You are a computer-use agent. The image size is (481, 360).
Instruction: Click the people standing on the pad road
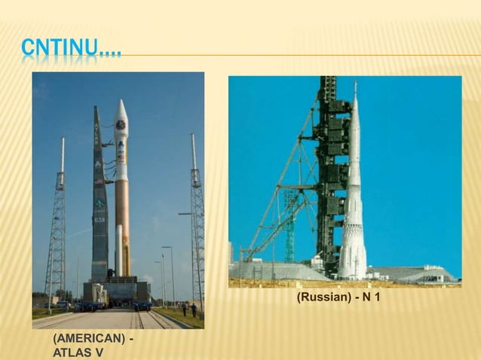pyautogui.click(x=188, y=309)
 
